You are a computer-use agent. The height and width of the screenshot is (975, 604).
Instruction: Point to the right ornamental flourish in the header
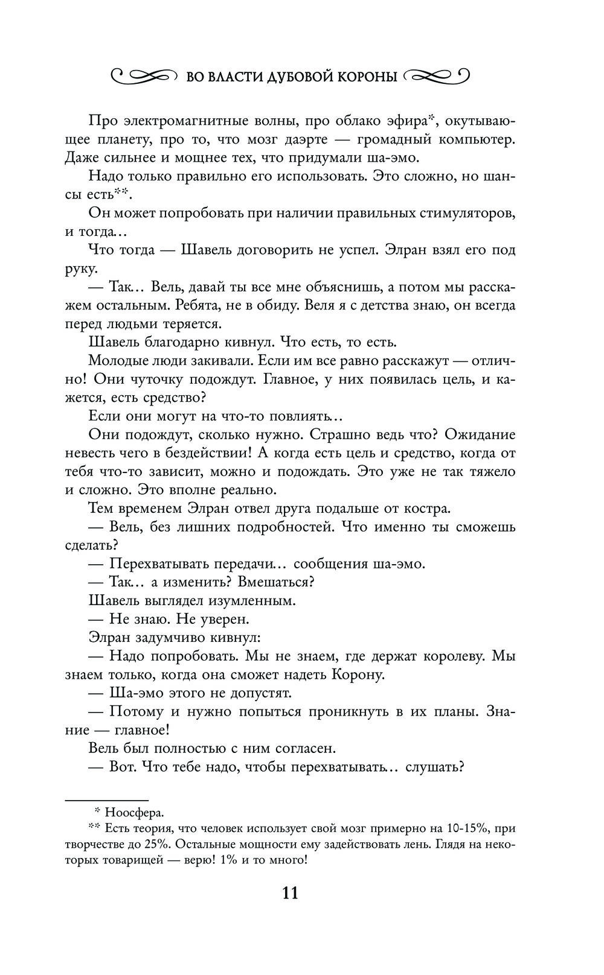coord(437,76)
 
